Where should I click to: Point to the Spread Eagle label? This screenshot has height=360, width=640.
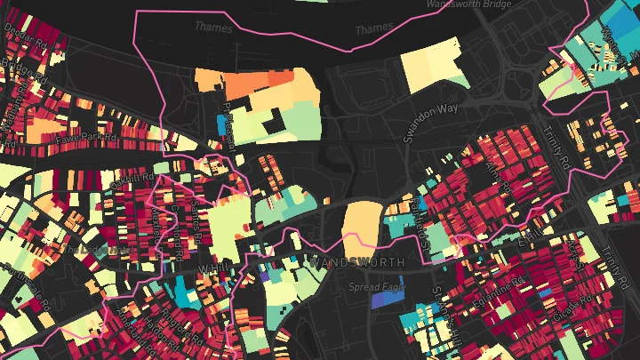click(x=377, y=286)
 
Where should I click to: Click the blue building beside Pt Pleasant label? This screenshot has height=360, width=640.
click(x=221, y=123)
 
